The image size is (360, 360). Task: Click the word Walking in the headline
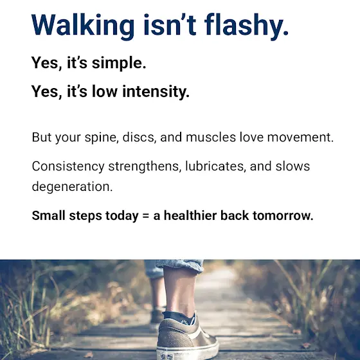pyautogui.click(x=83, y=26)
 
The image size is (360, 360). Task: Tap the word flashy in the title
pyautogui.click(x=246, y=26)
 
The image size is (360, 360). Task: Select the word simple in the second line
pyautogui.click(x=119, y=63)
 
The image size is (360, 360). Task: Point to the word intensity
pyautogui.click(x=156, y=91)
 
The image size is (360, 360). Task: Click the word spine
pyautogui.click(x=102, y=138)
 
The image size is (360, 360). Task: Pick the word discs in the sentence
pyautogui.click(x=139, y=137)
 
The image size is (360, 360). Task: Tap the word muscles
pyautogui.click(x=211, y=137)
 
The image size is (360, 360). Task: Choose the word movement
pyautogui.click(x=300, y=138)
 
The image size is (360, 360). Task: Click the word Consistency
pyautogui.click(x=68, y=166)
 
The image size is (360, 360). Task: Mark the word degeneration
pyautogui.click(x=72, y=186)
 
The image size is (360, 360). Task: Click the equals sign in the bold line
pyautogui.click(x=146, y=216)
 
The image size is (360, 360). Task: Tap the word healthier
pyautogui.click(x=190, y=215)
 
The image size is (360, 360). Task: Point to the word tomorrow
pyautogui.click(x=283, y=215)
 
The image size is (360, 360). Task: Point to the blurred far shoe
pyautogui.click(x=157, y=315)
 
